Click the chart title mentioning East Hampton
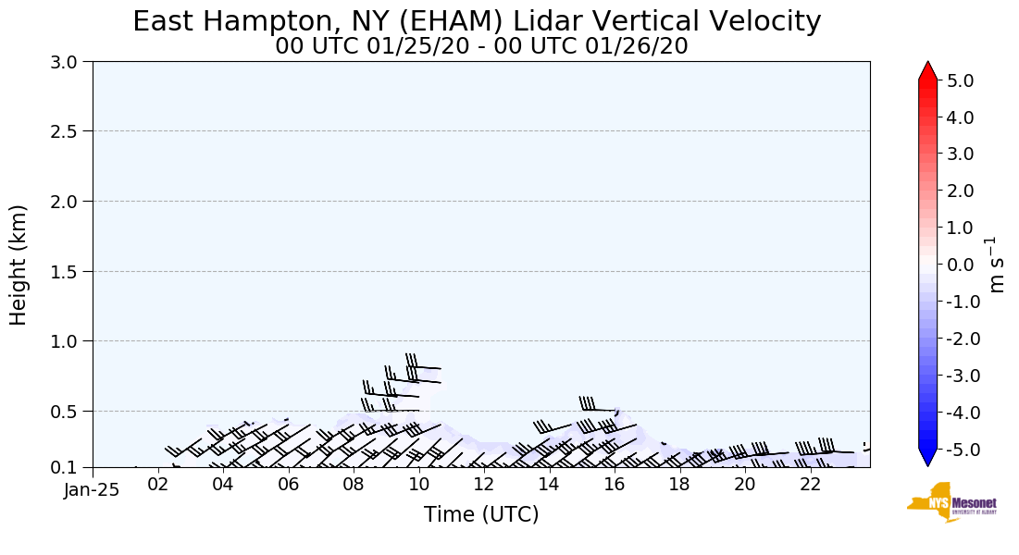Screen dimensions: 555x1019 pos(477,21)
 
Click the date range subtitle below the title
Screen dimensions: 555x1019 pos(481,45)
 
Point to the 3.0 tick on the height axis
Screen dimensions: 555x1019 pos(69,62)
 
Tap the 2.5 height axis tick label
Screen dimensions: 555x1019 pos(69,131)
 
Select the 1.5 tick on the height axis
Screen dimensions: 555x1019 pos(69,271)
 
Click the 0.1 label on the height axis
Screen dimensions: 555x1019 pos(69,468)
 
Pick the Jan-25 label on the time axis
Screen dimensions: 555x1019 pos(92,490)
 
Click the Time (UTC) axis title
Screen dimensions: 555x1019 pos(481,514)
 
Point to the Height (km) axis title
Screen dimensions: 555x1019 pos(19,265)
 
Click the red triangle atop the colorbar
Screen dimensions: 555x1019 pos(927,71)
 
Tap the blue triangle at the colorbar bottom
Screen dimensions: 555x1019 pos(927,458)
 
